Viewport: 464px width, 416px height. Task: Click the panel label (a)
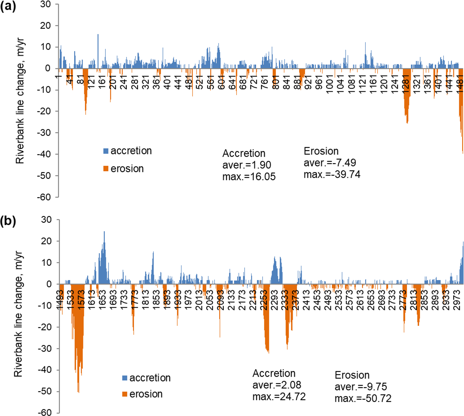click(x=8, y=6)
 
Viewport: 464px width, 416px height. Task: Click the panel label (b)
click(x=8, y=221)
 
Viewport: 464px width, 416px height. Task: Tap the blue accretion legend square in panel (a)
click(x=106, y=151)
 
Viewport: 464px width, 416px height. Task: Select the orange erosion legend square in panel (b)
click(x=125, y=394)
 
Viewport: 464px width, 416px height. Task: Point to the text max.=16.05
click(x=249, y=177)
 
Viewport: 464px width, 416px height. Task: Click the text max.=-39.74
click(x=332, y=175)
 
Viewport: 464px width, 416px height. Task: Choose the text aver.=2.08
click(x=277, y=385)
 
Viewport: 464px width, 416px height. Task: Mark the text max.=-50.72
click(x=363, y=398)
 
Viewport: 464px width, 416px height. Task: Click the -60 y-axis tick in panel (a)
click(x=44, y=197)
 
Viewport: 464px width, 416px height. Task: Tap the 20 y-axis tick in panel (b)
click(x=46, y=241)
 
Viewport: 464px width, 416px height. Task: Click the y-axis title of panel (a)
click(x=20, y=101)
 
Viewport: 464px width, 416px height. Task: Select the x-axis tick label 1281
click(x=406, y=81)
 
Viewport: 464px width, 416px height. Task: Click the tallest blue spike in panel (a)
click(x=98, y=35)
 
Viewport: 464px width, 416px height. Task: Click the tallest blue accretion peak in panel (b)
click(x=104, y=232)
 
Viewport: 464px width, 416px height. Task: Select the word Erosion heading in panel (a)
click(x=321, y=151)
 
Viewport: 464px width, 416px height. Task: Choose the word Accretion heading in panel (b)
click(x=274, y=373)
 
